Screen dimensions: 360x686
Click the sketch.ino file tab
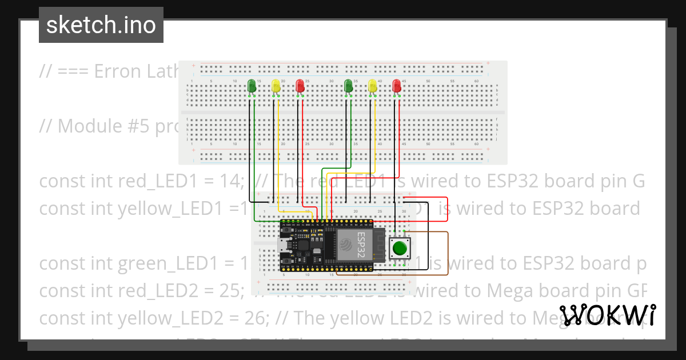pos(101,25)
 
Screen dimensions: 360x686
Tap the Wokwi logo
pos(607,315)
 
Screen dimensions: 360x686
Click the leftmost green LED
pos(252,86)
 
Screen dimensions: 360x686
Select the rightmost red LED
pos(397,86)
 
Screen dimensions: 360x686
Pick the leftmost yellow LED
pos(276,86)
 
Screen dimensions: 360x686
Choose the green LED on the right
pos(349,86)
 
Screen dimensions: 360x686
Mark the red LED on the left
pos(300,86)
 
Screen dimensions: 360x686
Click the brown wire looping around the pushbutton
pos(448,251)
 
